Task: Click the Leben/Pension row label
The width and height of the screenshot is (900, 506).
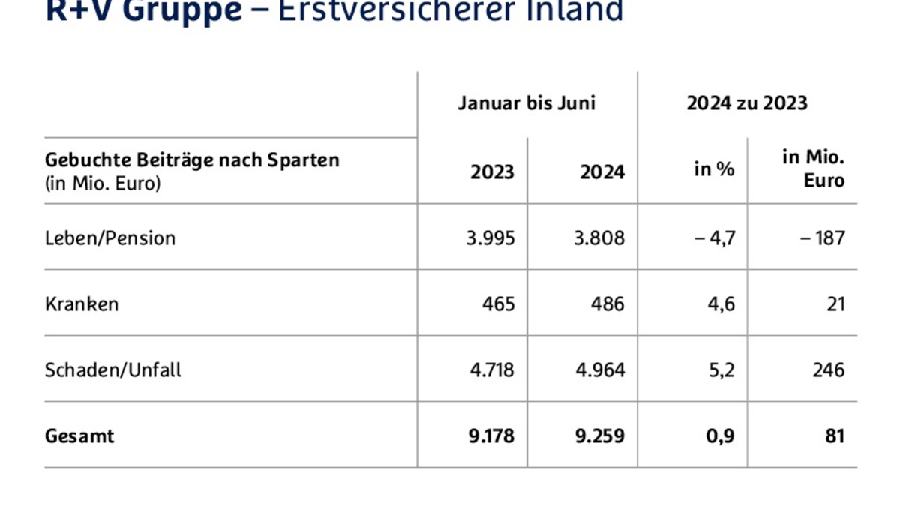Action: click(110, 238)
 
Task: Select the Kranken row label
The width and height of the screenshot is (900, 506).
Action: click(82, 304)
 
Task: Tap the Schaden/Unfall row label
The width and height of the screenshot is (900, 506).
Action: click(113, 370)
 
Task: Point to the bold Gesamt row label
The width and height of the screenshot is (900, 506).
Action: click(79, 436)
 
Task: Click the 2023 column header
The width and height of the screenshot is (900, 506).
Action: click(492, 172)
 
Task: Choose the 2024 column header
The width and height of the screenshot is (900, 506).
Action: click(601, 172)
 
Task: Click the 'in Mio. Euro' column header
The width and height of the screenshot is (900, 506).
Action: click(813, 169)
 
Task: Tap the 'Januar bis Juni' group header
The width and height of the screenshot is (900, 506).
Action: click(526, 103)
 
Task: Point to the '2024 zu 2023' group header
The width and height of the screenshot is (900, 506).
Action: click(747, 103)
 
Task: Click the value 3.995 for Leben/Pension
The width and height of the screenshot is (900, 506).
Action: click(490, 238)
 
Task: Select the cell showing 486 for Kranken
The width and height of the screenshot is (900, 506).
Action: click(608, 304)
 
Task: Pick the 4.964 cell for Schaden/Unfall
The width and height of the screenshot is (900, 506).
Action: click(601, 370)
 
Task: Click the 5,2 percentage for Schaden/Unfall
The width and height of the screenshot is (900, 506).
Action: click(722, 370)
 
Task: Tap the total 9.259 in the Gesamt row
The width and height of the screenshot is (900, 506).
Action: click(601, 436)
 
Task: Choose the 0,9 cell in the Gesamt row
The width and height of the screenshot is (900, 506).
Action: click(722, 436)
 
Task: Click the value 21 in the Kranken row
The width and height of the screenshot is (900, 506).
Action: click(835, 304)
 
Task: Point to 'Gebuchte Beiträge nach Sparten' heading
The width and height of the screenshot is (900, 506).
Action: click(192, 160)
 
